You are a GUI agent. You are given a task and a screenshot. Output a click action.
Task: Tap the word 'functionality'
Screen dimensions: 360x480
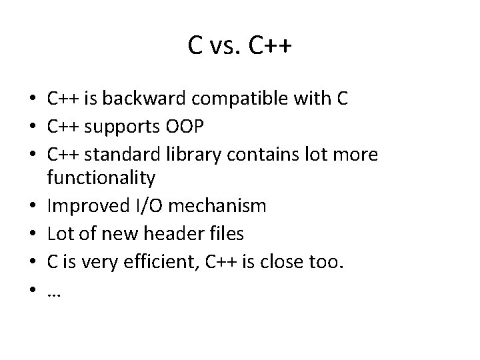click(x=101, y=178)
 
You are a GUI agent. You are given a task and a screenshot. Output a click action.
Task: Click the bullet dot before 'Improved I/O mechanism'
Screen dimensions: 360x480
click(x=33, y=207)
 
